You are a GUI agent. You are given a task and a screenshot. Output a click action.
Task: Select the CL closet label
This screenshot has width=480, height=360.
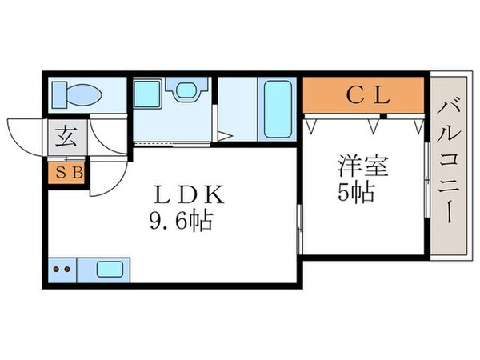(367, 97)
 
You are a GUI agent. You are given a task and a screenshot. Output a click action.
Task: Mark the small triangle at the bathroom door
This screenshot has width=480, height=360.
(225, 137)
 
